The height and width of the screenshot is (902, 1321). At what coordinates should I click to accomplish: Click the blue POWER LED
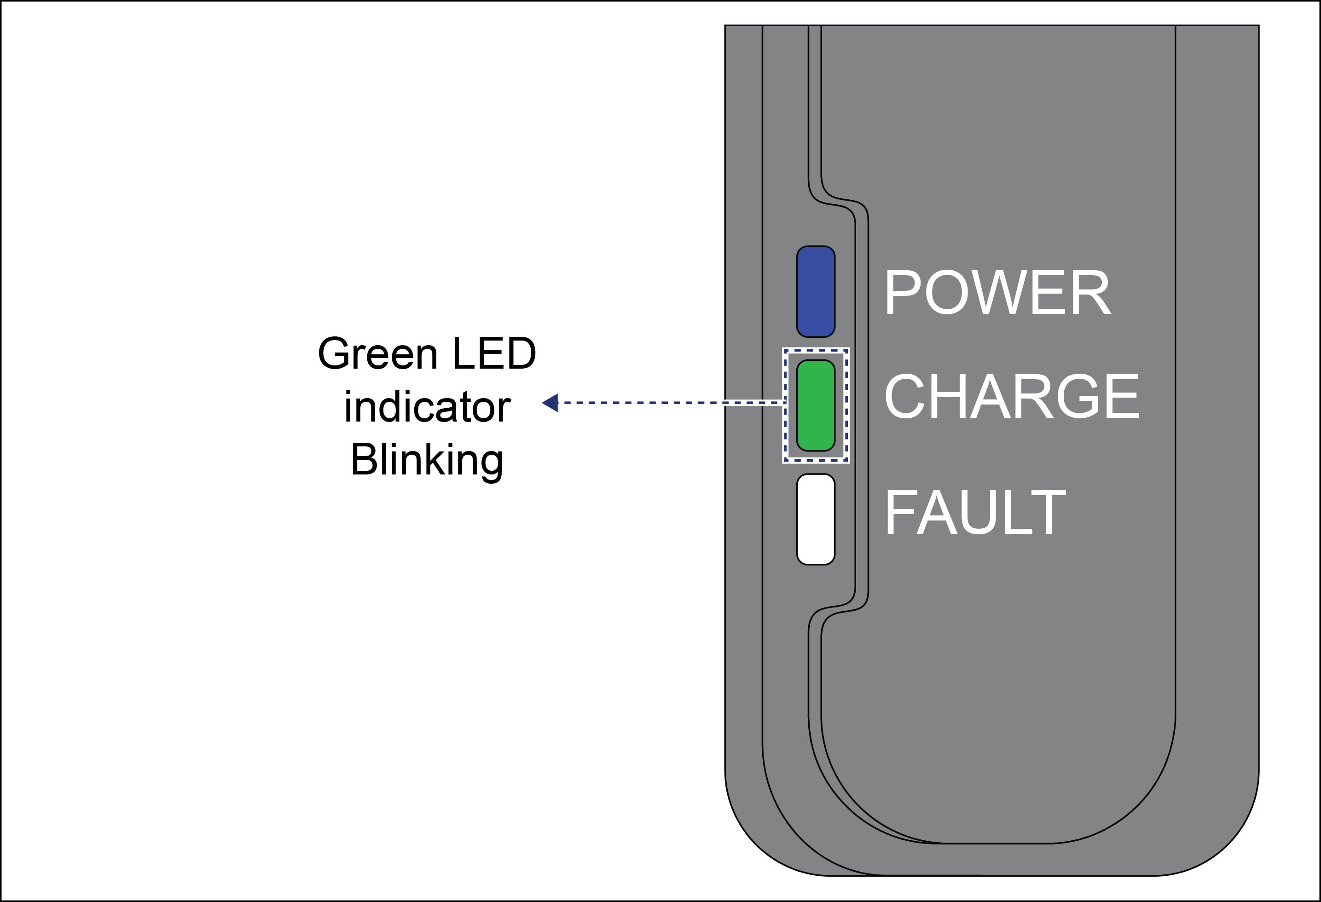click(816, 292)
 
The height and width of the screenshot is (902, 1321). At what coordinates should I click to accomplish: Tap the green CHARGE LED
click(816, 405)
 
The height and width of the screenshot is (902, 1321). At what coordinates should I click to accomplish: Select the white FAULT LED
click(816, 520)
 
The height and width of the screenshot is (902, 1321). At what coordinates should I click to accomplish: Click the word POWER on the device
click(997, 292)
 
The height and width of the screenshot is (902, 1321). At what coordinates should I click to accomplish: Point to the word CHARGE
click(1012, 396)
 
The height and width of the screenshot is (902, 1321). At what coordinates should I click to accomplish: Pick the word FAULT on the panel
click(975, 512)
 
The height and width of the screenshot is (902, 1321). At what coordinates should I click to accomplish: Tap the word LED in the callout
click(494, 353)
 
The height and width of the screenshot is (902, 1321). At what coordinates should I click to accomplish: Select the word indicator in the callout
click(428, 407)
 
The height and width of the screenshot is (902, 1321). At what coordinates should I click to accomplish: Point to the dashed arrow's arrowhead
click(550, 403)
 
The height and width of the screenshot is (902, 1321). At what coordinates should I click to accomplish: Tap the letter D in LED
click(521, 353)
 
